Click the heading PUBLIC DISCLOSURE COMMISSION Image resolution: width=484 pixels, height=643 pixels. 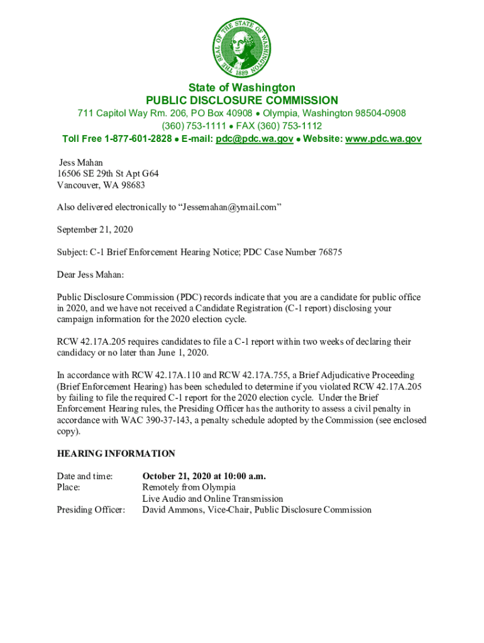coord(241,100)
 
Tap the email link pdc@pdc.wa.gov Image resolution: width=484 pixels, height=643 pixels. coord(254,139)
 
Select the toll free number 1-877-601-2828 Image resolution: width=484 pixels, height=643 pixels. coord(138,139)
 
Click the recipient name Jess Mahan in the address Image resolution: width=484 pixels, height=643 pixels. coord(81,163)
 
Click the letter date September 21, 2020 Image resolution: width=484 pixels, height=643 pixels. coord(95,230)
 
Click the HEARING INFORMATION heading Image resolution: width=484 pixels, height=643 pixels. coord(116,453)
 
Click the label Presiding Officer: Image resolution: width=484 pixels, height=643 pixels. coord(91,510)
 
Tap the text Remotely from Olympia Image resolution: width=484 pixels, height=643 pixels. coord(189,487)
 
